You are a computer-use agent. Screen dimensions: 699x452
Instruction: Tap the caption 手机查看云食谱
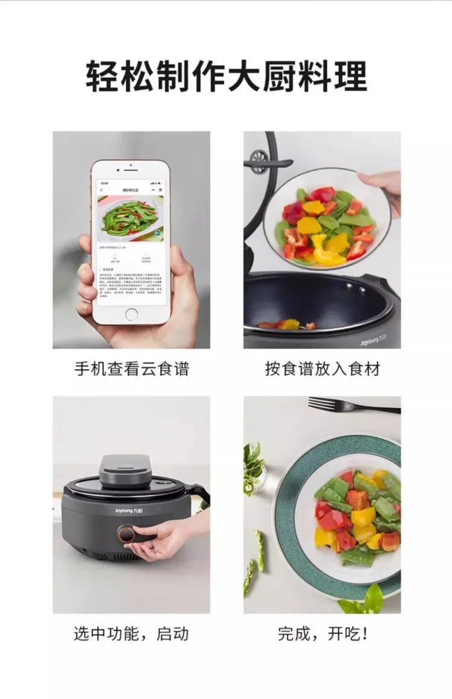131,368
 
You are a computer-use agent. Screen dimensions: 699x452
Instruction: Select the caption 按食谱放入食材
322,368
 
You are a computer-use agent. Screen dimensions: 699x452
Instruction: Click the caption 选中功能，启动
131,633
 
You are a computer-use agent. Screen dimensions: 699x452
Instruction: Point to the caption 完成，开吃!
322,633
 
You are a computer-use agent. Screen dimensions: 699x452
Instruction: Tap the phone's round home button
131,314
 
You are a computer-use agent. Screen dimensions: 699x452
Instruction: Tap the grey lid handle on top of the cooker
125,468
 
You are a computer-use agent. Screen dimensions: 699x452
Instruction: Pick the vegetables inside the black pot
287,325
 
